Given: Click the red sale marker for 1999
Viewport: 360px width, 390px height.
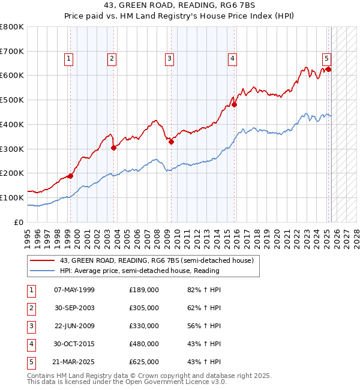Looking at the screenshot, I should pyautogui.click(x=70, y=176).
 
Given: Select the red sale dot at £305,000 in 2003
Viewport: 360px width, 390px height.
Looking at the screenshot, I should pyautogui.click(x=113, y=148).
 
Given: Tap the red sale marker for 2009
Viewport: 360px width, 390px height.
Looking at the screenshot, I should pyautogui.click(x=171, y=142).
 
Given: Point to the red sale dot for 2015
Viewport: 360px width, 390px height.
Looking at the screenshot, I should pyautogui.click(x=235, y=104).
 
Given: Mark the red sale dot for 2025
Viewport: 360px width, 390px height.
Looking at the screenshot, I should pyautogui.click(x=328, y=69).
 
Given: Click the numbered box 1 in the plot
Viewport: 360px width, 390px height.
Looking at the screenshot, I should pyautogui.click(x=69, y=58).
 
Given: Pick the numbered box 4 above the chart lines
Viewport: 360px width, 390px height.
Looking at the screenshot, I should pyautogui.click(x=232, y=58).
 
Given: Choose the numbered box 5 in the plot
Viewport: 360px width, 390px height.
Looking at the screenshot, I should pyautogui.click(x=326, y=58).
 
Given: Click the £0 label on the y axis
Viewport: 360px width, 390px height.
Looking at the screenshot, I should pyautogui.click(x=19, y=222).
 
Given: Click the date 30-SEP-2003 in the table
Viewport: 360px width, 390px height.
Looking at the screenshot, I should pyautogui.click(x=74, y=308).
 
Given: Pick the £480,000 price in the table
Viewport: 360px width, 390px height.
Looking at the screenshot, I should pyautogui.click(x=144, y=344).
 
